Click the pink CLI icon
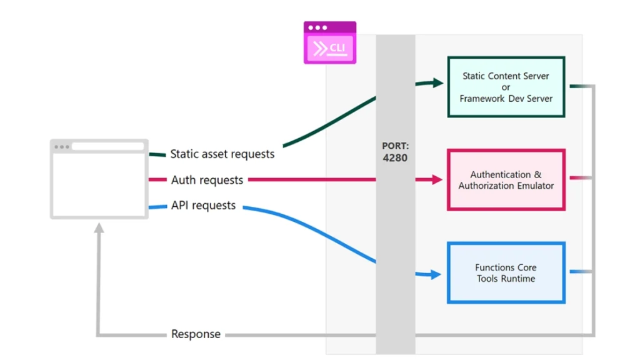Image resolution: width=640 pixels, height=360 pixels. click(x=330, y=42)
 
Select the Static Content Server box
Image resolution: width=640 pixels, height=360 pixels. click(x=506, y=86)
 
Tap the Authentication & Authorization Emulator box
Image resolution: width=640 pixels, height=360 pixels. click(x=506, y=180)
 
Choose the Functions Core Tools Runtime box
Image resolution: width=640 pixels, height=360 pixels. click(x=506, y=273)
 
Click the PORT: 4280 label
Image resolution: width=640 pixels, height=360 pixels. click(x=395, y=152)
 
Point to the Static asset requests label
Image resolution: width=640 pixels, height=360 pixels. click(x=222, y=154)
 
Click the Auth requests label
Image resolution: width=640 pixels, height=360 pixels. click(x=207, y=180)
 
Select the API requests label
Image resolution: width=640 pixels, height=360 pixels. click(x=203, y=206)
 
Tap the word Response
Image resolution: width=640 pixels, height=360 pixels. click(x=196, y=334)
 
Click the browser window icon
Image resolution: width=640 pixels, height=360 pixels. click(x=99, y=179)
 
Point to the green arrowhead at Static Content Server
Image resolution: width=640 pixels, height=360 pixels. click(x=437, y=82)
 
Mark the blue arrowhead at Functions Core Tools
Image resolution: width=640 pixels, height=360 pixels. click(x=437, y=274)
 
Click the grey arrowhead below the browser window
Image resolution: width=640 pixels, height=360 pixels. click(x=99, y=229)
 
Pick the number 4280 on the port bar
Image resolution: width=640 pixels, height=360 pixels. click(x=395, y=158)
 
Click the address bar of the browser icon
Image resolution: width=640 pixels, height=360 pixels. click(x=107, y=147)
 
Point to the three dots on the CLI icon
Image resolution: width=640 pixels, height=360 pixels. click(x=317, y=27)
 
